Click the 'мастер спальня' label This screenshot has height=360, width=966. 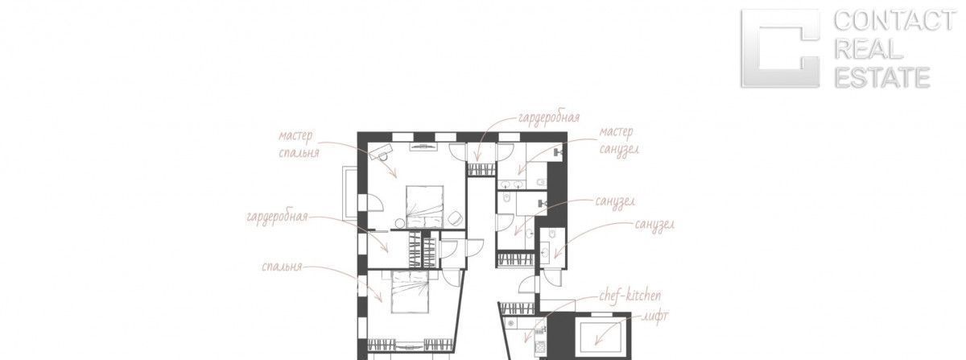(299, 144)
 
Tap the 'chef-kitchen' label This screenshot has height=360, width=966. (630, 296)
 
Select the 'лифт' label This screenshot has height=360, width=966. (655, 317)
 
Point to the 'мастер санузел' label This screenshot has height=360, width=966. (619, 141)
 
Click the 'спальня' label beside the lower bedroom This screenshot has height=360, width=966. (282, 267)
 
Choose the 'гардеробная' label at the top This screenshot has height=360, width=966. (548, 118)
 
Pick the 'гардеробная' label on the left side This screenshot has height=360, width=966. (277, 217)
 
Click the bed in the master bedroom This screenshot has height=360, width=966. (425, 206)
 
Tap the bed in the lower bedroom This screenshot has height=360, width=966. (410, 291)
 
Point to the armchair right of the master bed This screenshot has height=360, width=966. (455, 218)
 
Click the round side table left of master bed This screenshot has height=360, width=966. (400, 223)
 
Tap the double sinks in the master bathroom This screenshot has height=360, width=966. (512, 184)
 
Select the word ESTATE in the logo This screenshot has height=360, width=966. (882, 77)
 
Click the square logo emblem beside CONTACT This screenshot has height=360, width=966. (780, 48)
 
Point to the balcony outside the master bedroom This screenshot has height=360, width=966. (349, 192)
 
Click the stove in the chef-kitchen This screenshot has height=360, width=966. (540, 346)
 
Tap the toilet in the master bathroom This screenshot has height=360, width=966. (542, 182)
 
